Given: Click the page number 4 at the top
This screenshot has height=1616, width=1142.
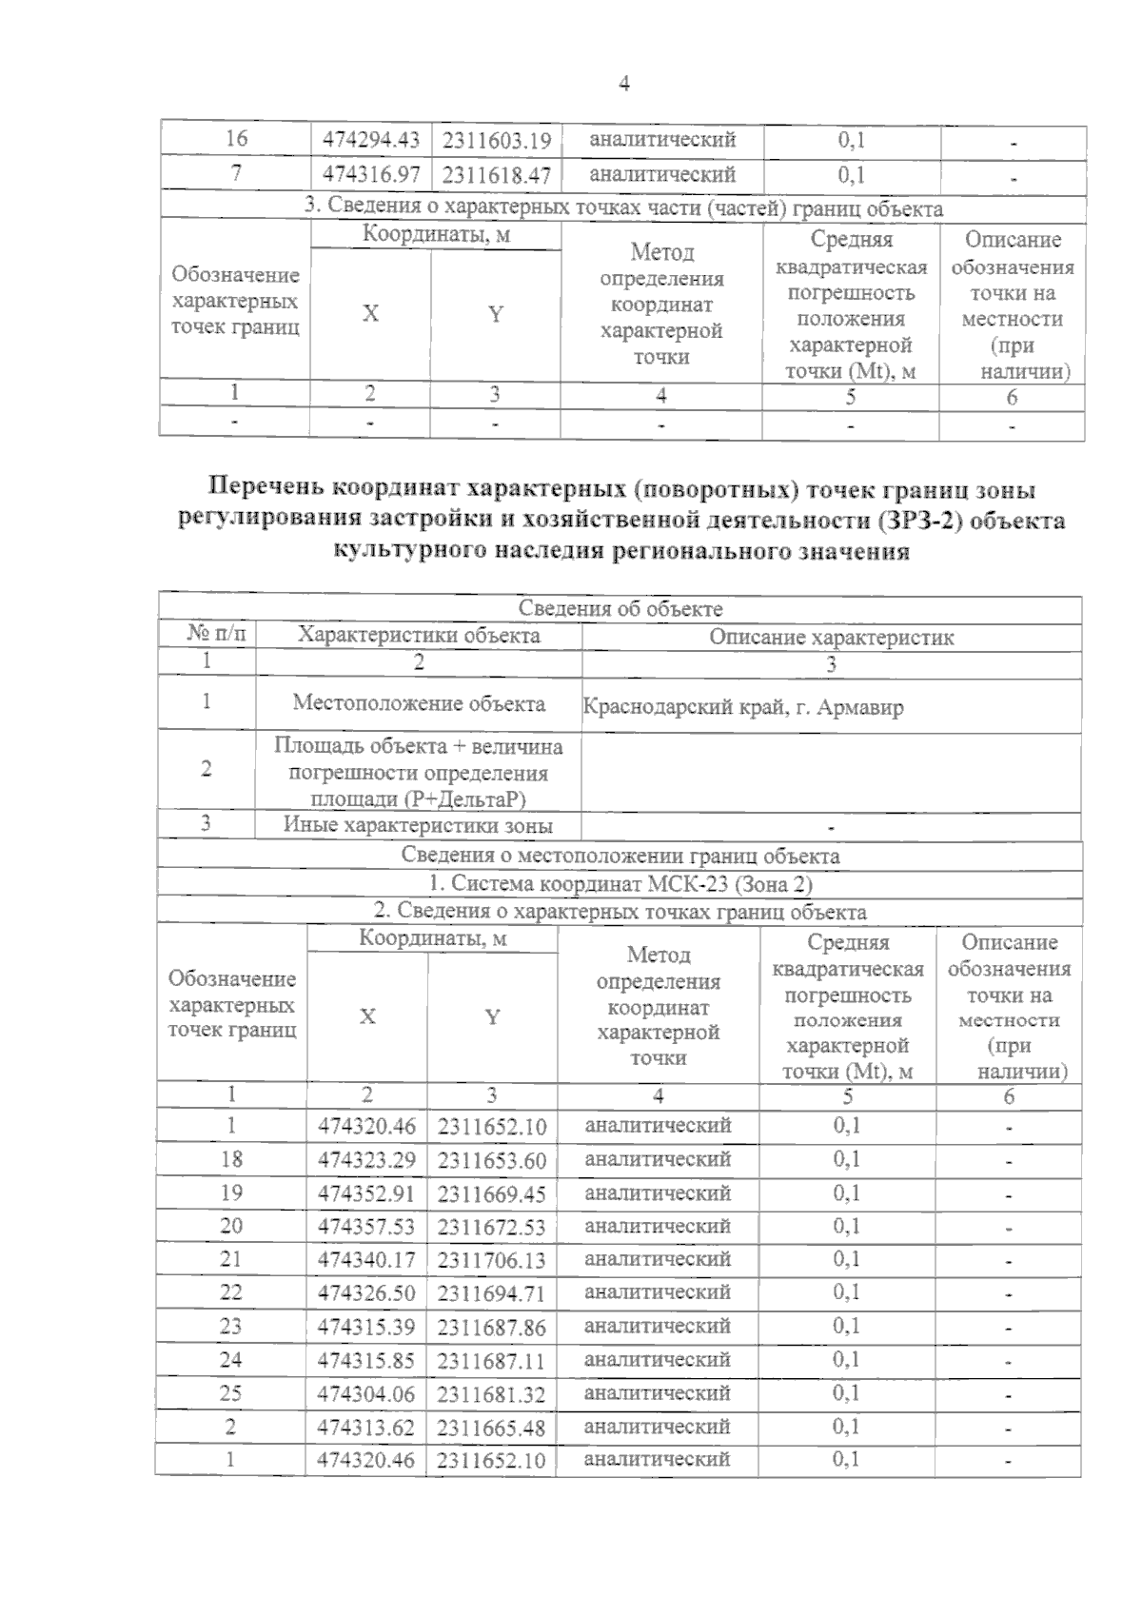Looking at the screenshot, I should [x=624, y=84].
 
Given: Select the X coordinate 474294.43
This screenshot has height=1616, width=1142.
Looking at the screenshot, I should [x=371, y=141].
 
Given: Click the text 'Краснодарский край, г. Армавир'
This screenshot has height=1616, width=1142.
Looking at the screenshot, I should [x=743, y=707].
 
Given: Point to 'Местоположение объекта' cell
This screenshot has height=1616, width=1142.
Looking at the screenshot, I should [x=419, y=703].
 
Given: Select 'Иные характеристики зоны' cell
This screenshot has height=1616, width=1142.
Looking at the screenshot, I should [x=419, y=825].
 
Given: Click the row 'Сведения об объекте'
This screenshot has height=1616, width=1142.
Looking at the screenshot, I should [x=620, y=609].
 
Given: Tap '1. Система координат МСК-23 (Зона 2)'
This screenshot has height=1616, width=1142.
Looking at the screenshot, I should [x=620, y=883].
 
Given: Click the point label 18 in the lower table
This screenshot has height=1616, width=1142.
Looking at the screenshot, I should [x=231, y=1158].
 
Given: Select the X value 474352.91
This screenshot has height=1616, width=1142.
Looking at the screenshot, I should [x=367, y=1193].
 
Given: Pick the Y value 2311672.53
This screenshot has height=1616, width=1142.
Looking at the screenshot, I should [x=492, y=1228].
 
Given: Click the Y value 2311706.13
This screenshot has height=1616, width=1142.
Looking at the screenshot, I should [x=492, y=1260].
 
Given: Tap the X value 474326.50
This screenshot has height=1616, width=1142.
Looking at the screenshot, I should [x=367, y=1293].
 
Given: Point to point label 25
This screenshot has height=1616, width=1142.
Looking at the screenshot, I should [x=231, y=1393].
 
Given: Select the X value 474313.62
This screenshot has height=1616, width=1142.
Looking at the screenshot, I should [x=367, y=1427].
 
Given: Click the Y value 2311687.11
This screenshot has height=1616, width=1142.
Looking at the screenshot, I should [x=492, y=1361].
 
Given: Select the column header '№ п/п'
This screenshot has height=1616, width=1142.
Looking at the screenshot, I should [x=207, y=635].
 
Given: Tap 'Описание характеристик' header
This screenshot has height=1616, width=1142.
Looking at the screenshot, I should [x=831, y=637].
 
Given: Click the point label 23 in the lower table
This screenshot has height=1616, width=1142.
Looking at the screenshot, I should [x=231, y=1327].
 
